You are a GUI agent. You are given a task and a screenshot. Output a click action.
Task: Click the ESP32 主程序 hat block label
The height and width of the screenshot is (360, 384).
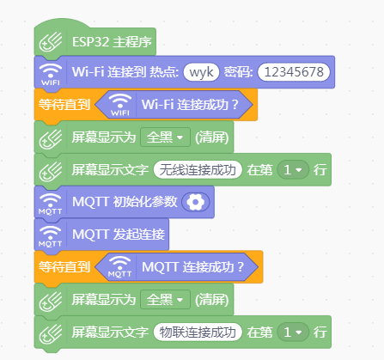coord(112,42)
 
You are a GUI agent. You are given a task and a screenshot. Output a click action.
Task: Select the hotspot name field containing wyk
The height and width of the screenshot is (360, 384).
coord(201,72)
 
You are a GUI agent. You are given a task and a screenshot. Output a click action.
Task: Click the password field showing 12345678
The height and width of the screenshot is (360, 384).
coord(294,72)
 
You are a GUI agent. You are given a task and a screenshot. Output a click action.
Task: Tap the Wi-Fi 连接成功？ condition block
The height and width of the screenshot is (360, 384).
coord(174,105)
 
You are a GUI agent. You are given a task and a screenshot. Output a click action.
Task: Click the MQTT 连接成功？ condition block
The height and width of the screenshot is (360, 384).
coord(176,267)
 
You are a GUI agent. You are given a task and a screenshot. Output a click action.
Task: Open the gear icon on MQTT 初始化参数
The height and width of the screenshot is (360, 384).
coord(196,202)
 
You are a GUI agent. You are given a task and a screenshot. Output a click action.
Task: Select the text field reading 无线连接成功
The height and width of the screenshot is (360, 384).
coord(198,170)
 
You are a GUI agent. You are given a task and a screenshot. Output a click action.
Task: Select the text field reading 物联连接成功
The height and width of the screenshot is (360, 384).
coord(198,333)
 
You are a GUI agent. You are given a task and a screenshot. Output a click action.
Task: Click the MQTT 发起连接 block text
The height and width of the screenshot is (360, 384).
coord(119,235)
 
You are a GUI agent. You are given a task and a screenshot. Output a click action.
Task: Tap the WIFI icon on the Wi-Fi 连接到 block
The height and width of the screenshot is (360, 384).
coord(51,74)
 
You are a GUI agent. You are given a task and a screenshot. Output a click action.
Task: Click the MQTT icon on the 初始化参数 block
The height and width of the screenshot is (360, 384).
coord(51,204)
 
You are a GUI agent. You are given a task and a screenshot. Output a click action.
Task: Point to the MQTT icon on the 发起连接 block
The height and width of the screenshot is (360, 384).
coord(51,236)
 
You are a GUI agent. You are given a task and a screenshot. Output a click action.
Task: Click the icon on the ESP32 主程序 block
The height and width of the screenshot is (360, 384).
coord(51,42)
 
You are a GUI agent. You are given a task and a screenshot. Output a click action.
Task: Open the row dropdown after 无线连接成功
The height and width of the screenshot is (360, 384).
coord(293,170)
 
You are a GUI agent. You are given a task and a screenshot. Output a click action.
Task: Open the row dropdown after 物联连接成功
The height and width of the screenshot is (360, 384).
coord(293,333)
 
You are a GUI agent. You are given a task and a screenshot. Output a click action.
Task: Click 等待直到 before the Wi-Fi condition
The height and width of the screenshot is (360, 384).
coord(64,105)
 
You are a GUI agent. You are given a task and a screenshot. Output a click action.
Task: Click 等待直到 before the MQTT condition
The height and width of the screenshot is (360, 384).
coord(64,267)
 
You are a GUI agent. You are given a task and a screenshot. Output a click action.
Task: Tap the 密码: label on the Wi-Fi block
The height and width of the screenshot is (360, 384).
coord(238,72)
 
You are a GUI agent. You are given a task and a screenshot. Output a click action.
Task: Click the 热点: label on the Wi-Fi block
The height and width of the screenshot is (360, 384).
coord(164,72)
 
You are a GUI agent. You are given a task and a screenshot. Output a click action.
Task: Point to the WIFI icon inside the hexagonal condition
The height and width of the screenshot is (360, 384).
coord(120,105)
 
